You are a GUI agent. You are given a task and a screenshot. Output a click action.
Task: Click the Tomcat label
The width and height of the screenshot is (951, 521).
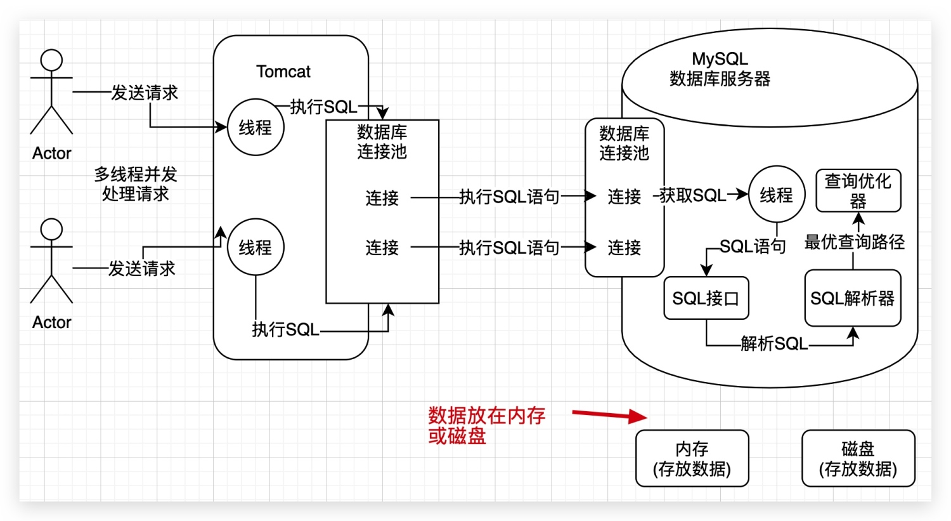[283, 72]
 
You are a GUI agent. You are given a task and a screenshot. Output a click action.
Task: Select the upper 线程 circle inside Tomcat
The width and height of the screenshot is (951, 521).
[256, 128]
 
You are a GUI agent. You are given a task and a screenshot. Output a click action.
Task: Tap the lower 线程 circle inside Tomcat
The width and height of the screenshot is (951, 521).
[256, 247]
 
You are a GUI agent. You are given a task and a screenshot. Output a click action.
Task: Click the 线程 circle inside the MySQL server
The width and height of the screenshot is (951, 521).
[776, 195]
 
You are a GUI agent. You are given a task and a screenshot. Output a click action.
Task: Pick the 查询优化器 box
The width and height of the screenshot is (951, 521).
[858, 190]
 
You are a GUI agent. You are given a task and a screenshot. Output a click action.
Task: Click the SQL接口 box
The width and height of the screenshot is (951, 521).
[706, 298]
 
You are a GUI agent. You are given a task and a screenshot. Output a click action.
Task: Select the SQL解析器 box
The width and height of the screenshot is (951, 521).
[852, 298]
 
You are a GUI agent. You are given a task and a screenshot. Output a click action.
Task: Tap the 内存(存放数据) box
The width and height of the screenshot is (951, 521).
[692, 458]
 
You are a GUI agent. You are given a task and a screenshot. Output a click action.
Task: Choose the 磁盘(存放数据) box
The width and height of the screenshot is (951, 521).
[858, 458]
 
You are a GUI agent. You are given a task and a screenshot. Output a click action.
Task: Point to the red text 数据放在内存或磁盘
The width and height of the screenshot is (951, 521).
[486, 425]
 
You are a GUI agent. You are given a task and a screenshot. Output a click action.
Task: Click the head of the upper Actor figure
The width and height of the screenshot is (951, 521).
[51, 60]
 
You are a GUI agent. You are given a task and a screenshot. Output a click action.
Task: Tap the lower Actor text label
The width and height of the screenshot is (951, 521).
[51, 322]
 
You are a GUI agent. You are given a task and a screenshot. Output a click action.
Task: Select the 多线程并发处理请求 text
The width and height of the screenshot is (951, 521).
[136, 183]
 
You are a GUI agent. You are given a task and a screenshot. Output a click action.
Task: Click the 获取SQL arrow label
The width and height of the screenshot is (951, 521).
[692, 195]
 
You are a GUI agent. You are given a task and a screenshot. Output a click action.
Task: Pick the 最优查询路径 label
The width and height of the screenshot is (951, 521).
[854, 242]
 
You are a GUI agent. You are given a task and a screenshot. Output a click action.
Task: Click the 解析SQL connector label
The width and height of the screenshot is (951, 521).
[774, 344]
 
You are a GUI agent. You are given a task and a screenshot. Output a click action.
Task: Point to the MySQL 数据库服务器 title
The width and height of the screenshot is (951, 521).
[720, 69]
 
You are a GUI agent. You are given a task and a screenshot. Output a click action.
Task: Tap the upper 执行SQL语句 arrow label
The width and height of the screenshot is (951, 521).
[509, 197]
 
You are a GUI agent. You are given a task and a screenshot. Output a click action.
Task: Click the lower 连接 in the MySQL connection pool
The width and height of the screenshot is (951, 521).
[624, 247]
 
